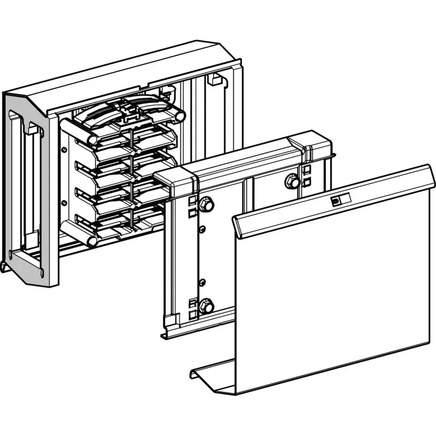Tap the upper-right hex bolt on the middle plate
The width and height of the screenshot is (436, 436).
pos(292,181)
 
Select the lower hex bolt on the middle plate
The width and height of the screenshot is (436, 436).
pos(207,306)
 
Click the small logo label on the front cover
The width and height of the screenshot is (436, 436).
pos(335,201)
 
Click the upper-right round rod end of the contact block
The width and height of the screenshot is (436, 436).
pos(180,116)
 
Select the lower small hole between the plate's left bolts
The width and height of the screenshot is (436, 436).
pos(201,282)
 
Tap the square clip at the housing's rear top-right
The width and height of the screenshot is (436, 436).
pos(215,80)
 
